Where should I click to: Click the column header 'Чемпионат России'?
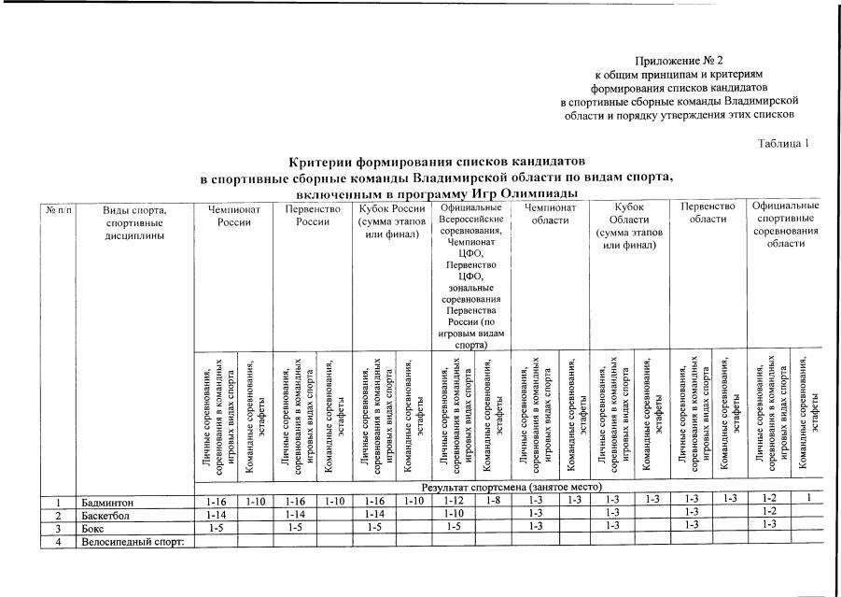[233, 214]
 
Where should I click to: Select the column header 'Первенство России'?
[310, 214]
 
